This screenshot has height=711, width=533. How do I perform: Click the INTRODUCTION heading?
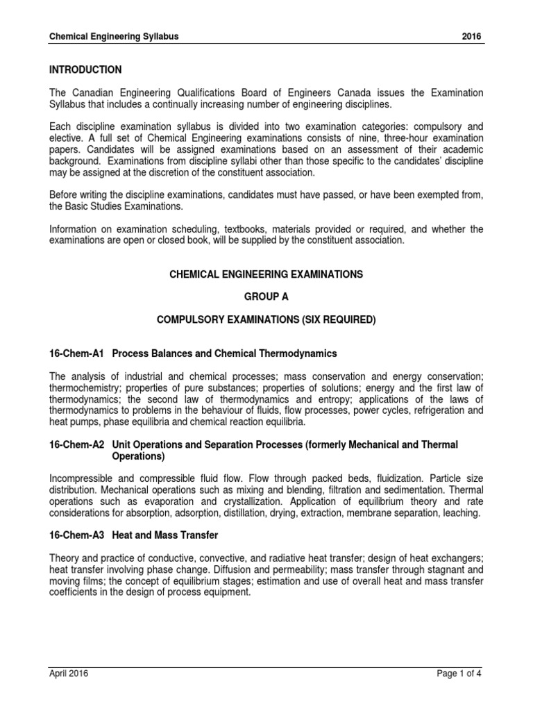tap(85, 70)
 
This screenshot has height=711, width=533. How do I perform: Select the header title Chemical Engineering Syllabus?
tap(114, 37)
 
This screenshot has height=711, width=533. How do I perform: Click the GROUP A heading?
tap(266, 296)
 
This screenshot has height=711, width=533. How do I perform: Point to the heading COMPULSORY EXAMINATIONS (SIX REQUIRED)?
tap(266, 319)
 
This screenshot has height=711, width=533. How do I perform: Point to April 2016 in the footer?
tap(69, 673)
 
